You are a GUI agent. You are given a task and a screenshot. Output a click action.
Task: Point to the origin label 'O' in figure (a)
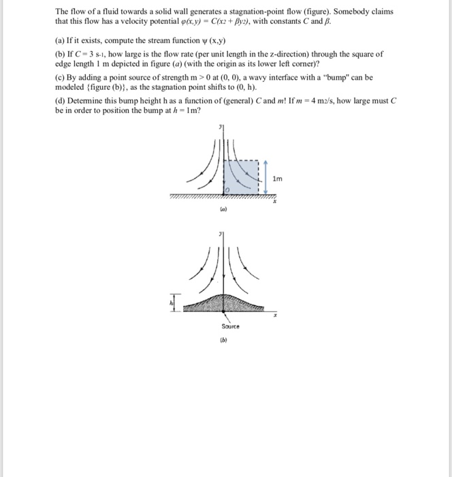(x=229, y=189)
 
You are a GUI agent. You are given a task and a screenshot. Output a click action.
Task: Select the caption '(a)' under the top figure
(x=223, y=212)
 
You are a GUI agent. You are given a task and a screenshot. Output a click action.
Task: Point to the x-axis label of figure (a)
(x=274, y=202)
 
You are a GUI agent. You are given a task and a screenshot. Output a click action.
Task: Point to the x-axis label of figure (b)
(x=276, y=316)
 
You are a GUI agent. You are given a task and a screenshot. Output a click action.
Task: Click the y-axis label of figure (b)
(x=220, y=233)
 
